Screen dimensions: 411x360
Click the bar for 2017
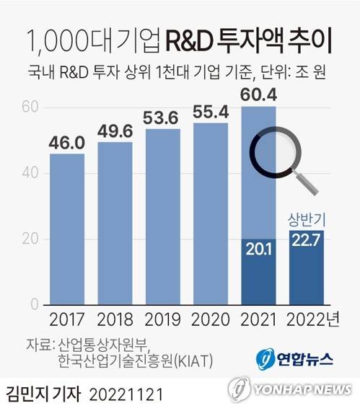(66, 229)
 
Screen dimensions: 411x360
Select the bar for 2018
(115, 224)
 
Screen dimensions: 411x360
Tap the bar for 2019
(163, 216)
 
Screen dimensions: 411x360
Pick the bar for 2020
(211, 213)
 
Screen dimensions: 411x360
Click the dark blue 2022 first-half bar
(307, 268)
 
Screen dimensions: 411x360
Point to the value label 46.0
(66, 143)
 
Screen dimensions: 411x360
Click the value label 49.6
(115, 131)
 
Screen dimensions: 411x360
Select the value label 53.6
(163, 118)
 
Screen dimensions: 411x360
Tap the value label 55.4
(211, 112)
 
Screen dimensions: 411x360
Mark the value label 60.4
(259, 95)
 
